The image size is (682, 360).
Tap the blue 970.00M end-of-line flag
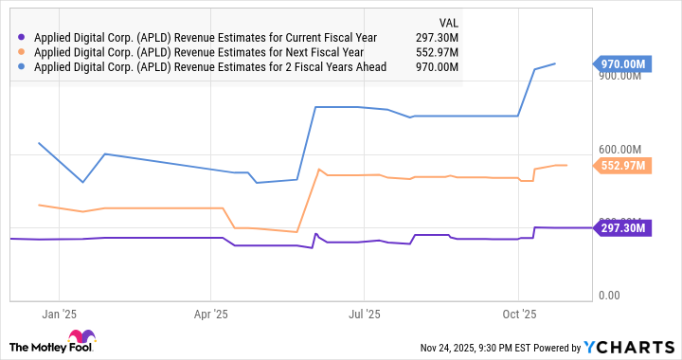[x=623, y=63]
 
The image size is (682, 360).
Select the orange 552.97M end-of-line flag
[x=623, y=165]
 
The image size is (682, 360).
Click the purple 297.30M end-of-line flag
[x=623, y=227]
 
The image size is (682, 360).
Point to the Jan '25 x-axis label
[x=59, y=312]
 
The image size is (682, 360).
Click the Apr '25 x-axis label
[x=210, y=312]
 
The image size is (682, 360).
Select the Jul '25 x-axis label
[x=365, y=312]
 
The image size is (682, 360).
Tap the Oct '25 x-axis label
[x=518, y=312]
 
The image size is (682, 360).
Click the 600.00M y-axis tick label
[x=621, y=150]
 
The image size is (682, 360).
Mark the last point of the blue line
[x=555, y=63]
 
